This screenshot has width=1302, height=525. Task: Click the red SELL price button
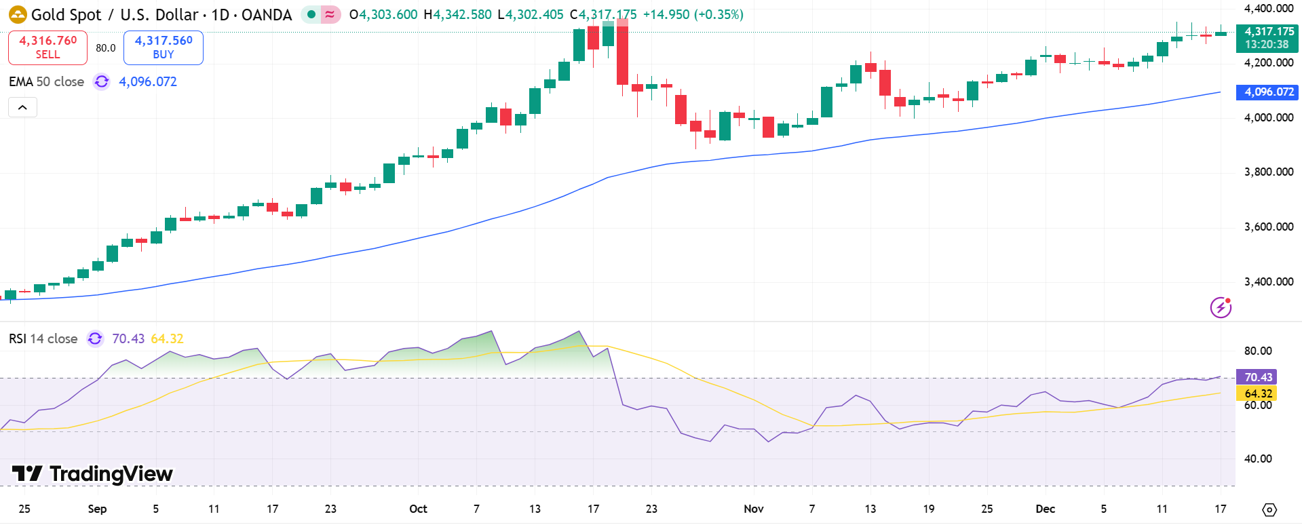[47, 47]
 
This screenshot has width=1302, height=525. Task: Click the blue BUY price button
[163, 47]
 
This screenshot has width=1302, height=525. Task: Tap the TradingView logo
[92, 473]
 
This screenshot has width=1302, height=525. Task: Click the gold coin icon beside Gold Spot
[18, 14]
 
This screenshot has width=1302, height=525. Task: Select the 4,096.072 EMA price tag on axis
[1267, 92]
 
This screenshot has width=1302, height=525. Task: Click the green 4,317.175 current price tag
[1267, 38]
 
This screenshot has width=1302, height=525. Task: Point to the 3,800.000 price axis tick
[1268, 172]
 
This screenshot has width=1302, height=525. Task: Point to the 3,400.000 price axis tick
[1268, 281]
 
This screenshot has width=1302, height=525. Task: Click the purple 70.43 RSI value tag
[1257, 377]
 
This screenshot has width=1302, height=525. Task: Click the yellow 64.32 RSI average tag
[1257, 393]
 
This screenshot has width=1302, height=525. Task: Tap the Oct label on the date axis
[418, 509]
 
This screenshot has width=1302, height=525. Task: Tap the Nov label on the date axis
[753, 509]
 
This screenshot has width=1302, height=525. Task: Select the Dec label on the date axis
[1045, 509]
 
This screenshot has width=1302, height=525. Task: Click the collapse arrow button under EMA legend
[22, 107]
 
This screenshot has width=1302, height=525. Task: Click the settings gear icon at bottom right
[1269, 509]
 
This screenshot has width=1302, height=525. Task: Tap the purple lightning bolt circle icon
[1221, 308]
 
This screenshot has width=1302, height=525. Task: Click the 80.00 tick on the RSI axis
[1257, 351]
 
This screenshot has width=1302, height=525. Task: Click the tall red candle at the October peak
[622, 54]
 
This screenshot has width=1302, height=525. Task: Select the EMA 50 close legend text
[46, 81]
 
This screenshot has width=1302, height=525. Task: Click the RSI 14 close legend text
[43, 338]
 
